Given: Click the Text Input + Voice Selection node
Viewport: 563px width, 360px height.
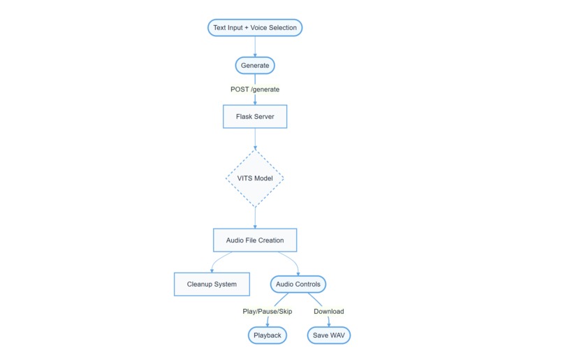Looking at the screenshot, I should [255, 28].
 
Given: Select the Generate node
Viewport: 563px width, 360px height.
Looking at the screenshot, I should [255, 66].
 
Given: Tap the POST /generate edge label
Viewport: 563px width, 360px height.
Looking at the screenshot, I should [255, 89].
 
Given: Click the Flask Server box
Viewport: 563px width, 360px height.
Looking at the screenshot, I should [255, 117].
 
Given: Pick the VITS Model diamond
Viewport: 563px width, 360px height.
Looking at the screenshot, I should [255, 178].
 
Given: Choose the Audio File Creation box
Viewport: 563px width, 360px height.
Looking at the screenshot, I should [255, 240].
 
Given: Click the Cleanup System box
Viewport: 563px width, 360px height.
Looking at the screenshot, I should [212, 285].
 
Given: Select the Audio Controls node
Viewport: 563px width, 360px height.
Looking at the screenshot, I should [299, 285].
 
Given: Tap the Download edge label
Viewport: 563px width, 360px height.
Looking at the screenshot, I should [329, 311].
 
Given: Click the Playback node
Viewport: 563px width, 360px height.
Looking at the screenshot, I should [268, 336].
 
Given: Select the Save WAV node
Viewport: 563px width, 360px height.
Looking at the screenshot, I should [329, 336].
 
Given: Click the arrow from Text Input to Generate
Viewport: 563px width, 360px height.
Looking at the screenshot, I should [255, 46].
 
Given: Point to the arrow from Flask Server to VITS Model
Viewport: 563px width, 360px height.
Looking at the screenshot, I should [255, 138].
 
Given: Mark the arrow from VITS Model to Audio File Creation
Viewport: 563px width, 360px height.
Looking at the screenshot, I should [255, 218].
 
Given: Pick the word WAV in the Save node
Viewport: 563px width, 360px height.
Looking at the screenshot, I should [337, 336].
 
